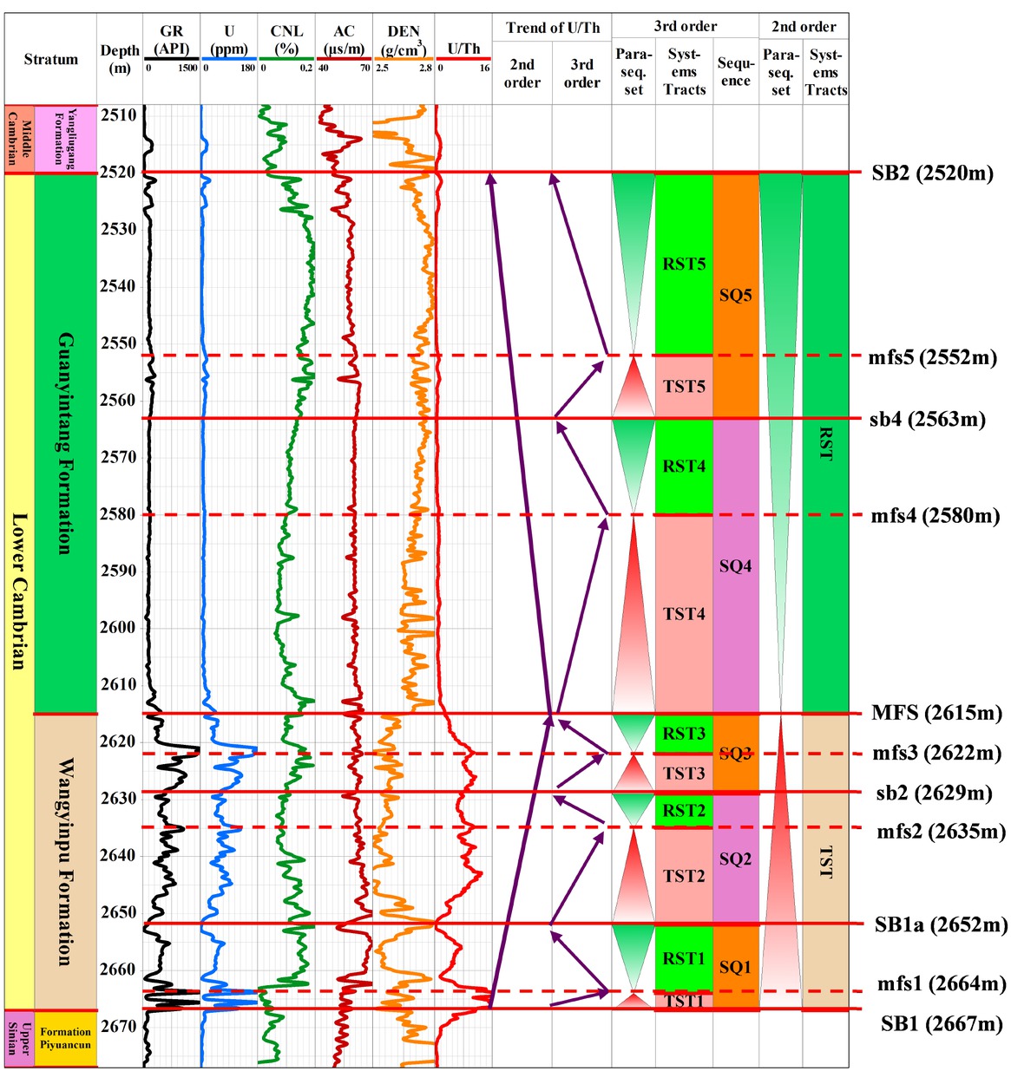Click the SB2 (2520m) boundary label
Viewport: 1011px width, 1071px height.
coord(931,173)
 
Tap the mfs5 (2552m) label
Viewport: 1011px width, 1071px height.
coord(932,357)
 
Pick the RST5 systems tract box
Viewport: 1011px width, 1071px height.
coord(684,264)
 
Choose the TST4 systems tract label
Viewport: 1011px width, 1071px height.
coord(684,614)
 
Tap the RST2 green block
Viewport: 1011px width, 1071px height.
coord(684,810)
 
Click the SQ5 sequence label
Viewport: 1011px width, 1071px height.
coord(735,295)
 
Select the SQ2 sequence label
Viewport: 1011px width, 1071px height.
coord(735,859)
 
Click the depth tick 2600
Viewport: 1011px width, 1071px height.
coord(119,627)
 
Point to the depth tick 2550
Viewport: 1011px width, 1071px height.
coord(119,343)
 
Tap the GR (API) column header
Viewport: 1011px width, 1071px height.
coord(172,41)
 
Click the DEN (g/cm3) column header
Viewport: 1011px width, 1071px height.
coord(404,41)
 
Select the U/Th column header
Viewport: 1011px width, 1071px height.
coord(463,49)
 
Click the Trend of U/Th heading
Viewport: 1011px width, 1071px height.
coord(553,28)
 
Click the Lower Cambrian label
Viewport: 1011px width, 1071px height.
coord(18,590)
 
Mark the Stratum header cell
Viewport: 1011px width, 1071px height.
coord(50,59)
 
